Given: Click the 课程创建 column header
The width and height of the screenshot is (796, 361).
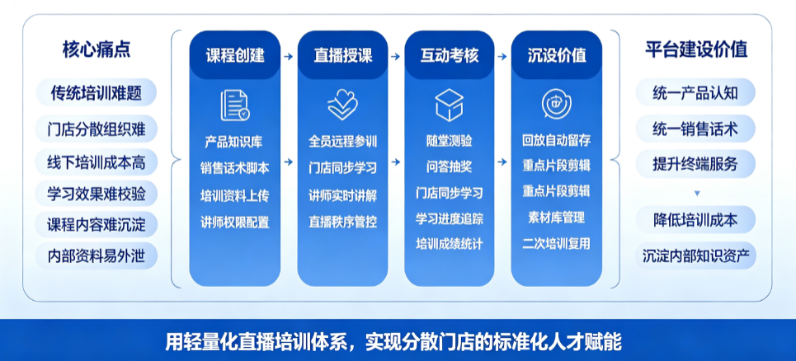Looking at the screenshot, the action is click(x=235, y=55).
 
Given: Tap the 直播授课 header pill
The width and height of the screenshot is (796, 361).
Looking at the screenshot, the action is click(x=342, y=55).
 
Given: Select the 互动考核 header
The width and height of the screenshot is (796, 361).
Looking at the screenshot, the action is click(x=450, y=55).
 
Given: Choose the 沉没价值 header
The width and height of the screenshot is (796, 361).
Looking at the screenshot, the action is click(x=557, y=55).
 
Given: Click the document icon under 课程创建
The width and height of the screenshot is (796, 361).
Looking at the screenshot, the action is click(x=234, y=105).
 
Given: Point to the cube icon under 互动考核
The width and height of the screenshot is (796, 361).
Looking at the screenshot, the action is click(x=450, y=105).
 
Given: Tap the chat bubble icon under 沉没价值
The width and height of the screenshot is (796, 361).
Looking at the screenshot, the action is click(x=557, y=105).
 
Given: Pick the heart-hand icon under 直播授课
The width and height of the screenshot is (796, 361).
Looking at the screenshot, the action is click(x=342, y=105).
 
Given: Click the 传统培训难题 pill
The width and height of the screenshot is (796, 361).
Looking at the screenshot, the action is click(x=96, y=93).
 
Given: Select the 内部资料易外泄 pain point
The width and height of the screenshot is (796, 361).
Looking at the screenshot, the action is click(x=96, y=256).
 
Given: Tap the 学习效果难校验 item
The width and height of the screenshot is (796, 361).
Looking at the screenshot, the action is click(x=96, y=195).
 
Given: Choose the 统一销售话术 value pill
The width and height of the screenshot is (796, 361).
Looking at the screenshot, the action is click(x=695, y=129).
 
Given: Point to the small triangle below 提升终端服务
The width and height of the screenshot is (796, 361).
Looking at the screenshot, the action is click(x=697, y=193).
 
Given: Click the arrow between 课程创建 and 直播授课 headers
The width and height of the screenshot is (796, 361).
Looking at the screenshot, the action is click(x=289, y=56).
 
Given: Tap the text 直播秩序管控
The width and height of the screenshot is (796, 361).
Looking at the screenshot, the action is click(x=342, y=222).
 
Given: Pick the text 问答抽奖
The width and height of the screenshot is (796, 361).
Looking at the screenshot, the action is click(x=450, y=166).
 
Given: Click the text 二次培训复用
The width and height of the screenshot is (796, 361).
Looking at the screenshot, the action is click(x=557, y=243).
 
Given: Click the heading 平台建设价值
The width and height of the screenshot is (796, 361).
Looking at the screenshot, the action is click(x=696, y=49).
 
